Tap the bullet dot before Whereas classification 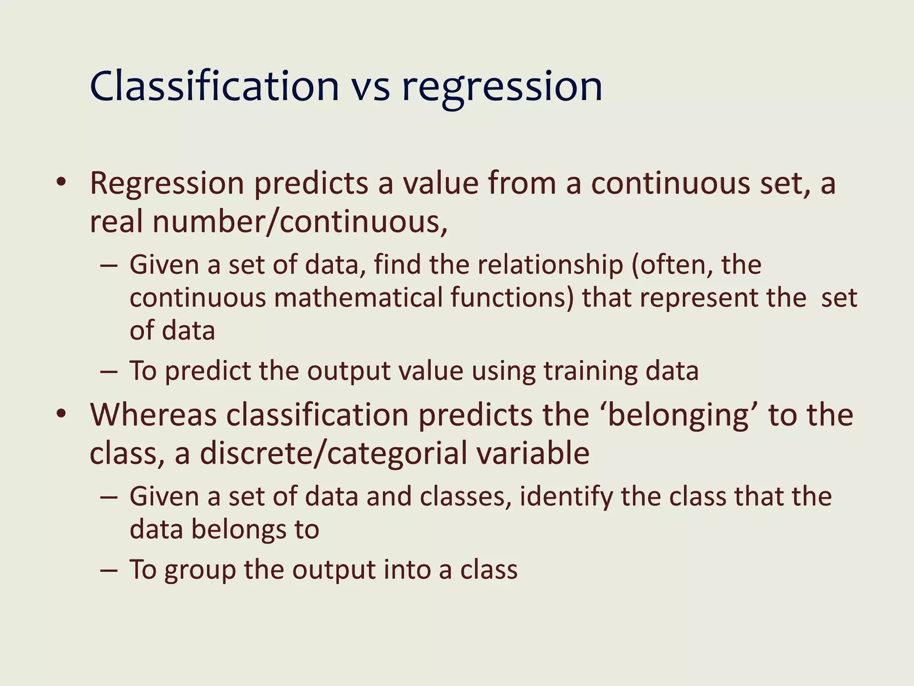[x=62, y=414]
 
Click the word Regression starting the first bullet [x=166, y=184]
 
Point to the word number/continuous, [x=299, y=222]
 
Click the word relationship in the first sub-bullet [x=550, y=264]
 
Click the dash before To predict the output [x=109, y=372]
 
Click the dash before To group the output [x=109, y=570]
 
